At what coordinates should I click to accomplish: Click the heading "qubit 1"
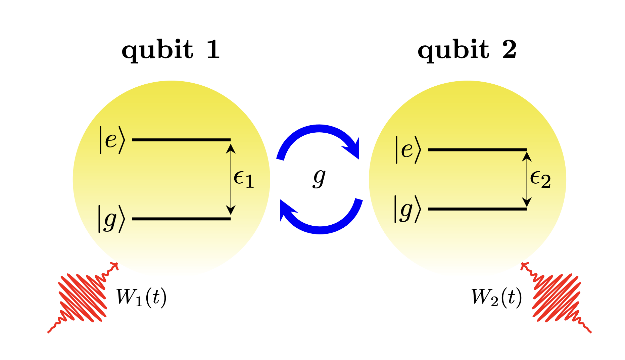(171, 50)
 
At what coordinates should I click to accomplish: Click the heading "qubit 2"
(467, 50)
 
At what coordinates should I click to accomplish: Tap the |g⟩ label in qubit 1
(111, 219)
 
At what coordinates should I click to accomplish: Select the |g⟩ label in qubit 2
(407, 209)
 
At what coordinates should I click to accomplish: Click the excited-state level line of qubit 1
(181, 139)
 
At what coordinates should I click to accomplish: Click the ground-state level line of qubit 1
(181, 219)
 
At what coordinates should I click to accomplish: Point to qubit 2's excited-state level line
(477, 149)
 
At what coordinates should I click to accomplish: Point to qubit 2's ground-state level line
(477, 209)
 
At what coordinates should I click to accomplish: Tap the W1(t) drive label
(141, 298)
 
